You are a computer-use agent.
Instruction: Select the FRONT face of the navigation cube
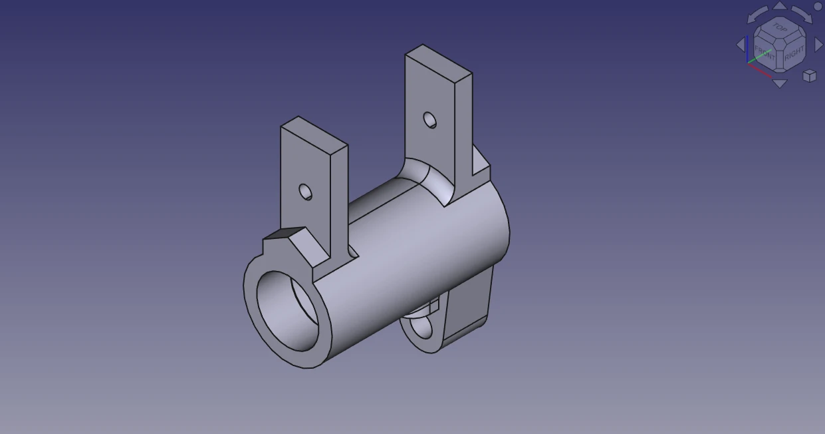coord(765,53)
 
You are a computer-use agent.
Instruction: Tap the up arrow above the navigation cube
coord(780,6)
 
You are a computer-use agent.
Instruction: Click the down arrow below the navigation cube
coord(780,83)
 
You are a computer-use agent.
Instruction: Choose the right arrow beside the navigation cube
coord(819,44)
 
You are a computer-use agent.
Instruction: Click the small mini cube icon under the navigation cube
coord(809,75)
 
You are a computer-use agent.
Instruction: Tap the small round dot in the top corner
coord(818,6)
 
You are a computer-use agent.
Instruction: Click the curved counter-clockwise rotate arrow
coord(758,15)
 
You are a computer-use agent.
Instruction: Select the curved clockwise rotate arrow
coord(802,15)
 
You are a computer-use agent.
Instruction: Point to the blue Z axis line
coord(748,50)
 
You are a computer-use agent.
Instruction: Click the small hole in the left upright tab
coord(305,192)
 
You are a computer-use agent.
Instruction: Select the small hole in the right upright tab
coord(430,120)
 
